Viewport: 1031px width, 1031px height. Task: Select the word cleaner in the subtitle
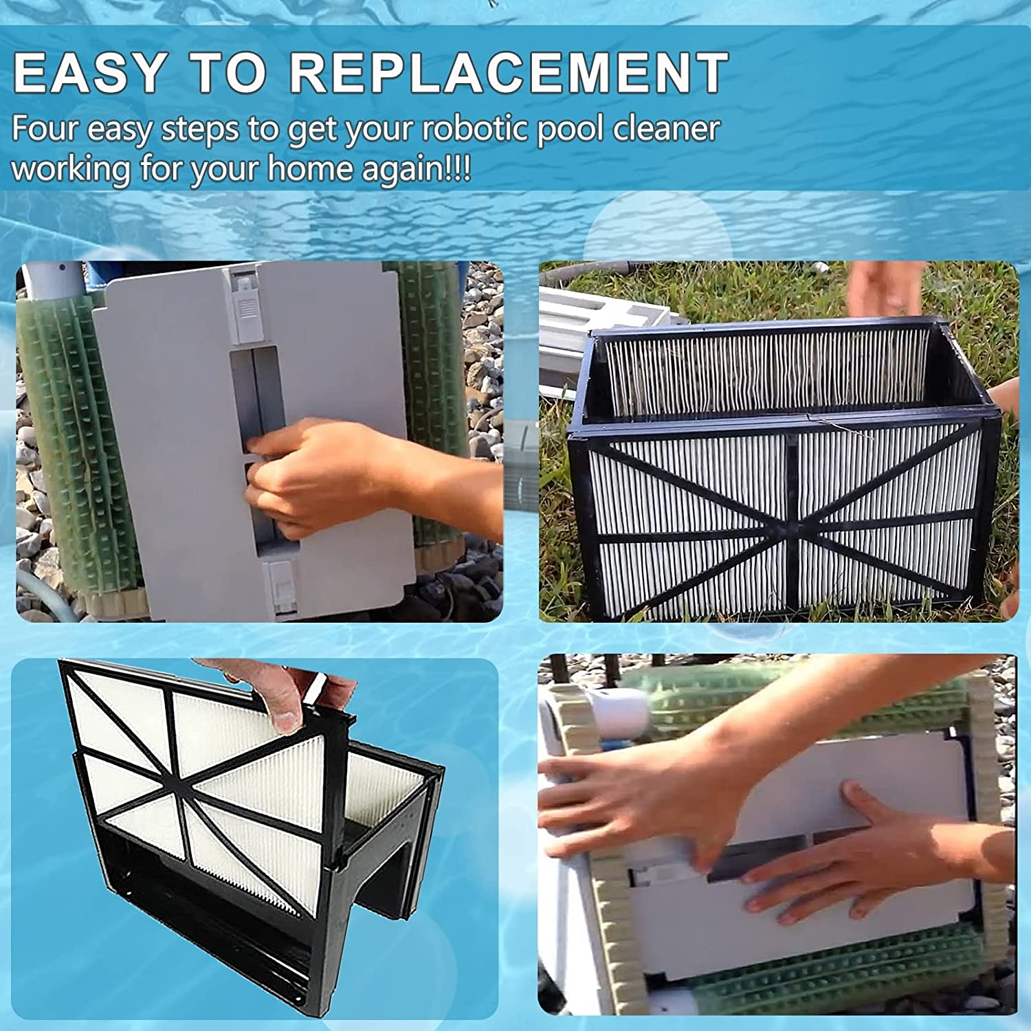[x=666, y=129]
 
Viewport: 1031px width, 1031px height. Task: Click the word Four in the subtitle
[x=45, y=129]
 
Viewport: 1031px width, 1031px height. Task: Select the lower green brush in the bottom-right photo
[x=825, y=976]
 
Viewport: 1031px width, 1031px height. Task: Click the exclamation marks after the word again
[x=457, y=168]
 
